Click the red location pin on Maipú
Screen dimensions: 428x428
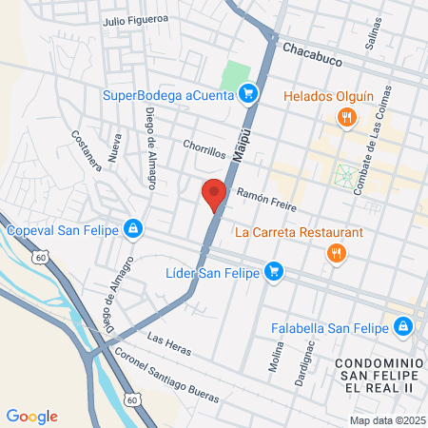pos(214,193)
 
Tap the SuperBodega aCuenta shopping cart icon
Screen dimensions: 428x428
pos(249,93)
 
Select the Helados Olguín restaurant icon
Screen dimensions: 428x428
pos(347,117)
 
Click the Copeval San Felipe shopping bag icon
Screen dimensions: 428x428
pos(134,229)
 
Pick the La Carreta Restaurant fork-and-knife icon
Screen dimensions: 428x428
pos(335,252)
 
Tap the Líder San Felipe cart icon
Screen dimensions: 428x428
pos(274,272)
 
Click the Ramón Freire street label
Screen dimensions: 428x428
pos(266,200)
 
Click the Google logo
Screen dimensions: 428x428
pos(32,416)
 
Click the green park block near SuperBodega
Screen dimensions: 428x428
pos(235,73)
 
